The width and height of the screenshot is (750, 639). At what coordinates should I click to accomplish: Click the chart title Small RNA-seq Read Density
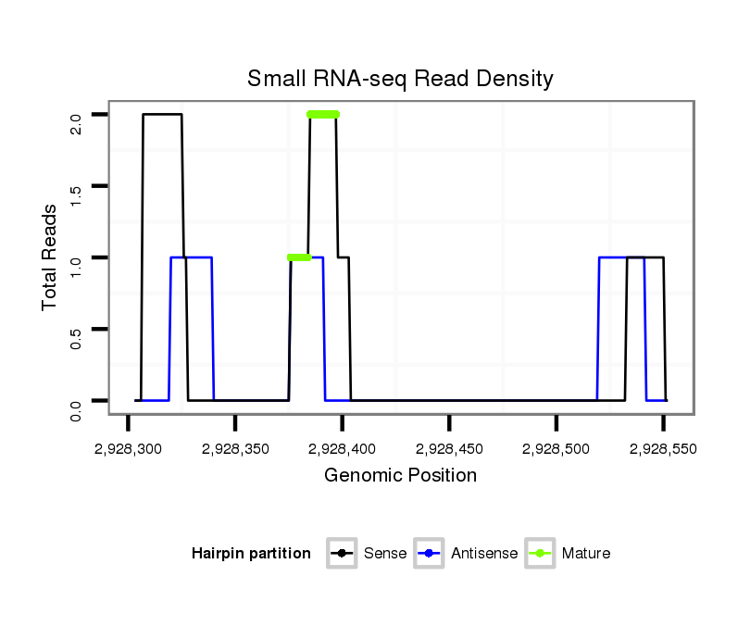pyautogui.click(x=400, y=79)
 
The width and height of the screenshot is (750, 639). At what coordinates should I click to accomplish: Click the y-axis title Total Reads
pyautogui.click(x=51, y=257)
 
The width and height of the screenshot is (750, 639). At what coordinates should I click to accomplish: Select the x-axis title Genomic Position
pyautogui.click(x=400, y=476)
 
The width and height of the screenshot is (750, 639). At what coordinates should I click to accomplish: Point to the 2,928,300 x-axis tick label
pyautogui.click(x=128, y=449)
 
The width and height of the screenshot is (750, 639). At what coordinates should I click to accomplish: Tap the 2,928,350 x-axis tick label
pyautogui.click(x=235, y=449)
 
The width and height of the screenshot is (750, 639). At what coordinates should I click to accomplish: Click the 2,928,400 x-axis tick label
pyautogui.click(x=343, y=449)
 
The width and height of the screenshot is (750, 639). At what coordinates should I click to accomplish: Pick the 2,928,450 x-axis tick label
pyautogui.click(x=449, y=449)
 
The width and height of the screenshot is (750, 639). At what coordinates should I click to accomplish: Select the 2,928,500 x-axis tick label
pyautogui.click(x=556, y=449)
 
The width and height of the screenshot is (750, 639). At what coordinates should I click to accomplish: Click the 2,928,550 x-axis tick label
pyautogui.click(x=664, y=449)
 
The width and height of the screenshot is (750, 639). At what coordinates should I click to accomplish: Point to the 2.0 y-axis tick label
pyautogui.click(x=76, y=115)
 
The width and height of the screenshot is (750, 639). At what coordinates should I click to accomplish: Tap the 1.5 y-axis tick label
pyautogui.click(x=76, y=186)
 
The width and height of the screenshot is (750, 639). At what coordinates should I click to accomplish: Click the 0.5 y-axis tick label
pyautogui.click(x=76, y=329)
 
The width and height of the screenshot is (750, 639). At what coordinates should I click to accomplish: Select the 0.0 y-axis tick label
pyautogui.click(x=76, y=401)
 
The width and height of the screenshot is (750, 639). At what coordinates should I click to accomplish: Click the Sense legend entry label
pyautogui.click(x=385, y=554)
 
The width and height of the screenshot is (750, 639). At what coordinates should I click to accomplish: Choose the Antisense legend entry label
pyautogui.click(x=484, y=554)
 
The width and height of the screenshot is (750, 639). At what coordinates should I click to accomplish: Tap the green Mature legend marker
pyautogui.click(x=540, y=554)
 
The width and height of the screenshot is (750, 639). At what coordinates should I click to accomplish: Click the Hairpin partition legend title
pyautogui.click(x=251, y=554)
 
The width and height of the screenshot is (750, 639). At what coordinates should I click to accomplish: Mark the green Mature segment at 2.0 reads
pyautogui.click(x=323, y=115)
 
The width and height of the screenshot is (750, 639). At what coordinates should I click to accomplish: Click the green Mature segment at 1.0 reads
pyautogui.click(x=299, y=257)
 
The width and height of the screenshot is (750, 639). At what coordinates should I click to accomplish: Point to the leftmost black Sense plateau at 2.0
pyautogui.click(x=162, y=115)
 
